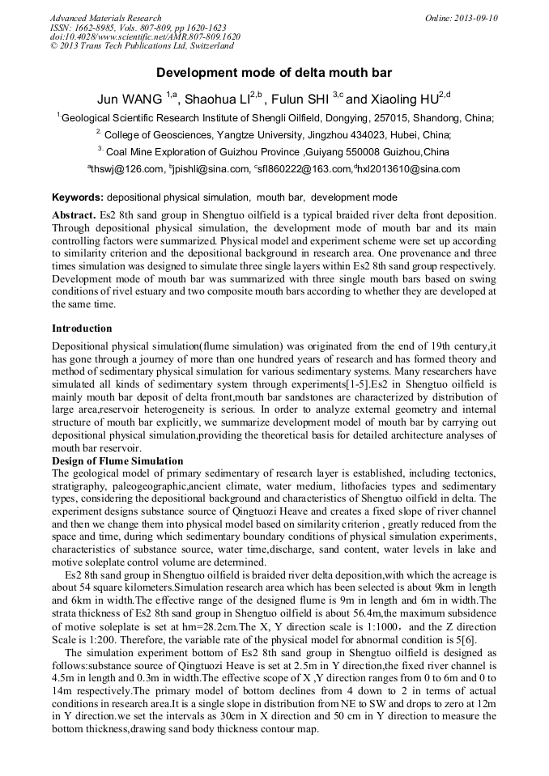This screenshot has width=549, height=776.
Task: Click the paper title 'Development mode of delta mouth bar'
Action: (x=274, y=73)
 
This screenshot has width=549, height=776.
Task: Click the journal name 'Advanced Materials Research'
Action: (x=105, y=18)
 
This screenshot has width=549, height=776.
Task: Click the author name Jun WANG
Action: (x=130, y=100)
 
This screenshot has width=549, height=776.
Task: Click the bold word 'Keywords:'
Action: (x=77, y=197)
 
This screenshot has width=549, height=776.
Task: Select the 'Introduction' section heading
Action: (x=82, y=329)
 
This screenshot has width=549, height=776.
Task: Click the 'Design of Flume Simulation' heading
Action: (x=117, y=461)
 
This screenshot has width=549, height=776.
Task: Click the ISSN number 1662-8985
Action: (x=97, y=28)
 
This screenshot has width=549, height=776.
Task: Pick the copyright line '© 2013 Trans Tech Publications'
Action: (x=130, y=47)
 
